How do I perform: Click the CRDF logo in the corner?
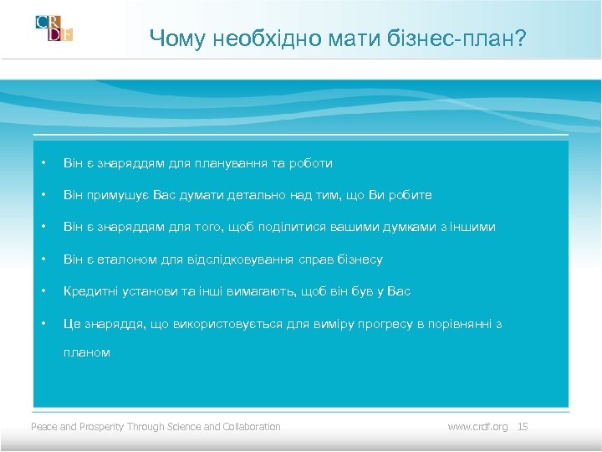[54, 28]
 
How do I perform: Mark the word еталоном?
[136, 259]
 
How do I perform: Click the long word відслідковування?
[244, 259]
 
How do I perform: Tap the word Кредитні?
[90, 291]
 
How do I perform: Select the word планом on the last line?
[87, 352]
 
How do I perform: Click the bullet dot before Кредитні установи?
[44, 291]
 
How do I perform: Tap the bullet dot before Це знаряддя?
[44, 323]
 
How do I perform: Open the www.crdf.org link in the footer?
[477, 427]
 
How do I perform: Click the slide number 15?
[523, 427]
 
